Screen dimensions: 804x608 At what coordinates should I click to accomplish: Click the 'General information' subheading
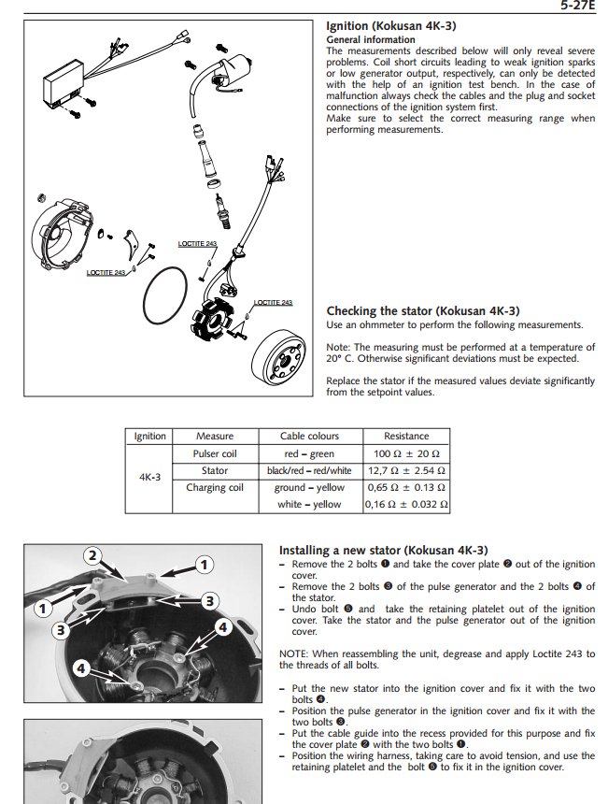(371, 40)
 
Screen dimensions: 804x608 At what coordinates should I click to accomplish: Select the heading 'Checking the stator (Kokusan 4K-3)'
(423, 310)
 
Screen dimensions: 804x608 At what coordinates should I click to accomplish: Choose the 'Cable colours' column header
(309, 436)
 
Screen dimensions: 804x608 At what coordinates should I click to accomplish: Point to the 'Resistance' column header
(406, 436)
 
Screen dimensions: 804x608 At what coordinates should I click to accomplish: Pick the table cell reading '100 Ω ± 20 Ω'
(406, 453)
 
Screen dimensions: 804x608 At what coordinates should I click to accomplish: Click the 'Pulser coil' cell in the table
(215, 453)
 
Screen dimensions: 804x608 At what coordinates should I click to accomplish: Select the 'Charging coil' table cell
(215, 487)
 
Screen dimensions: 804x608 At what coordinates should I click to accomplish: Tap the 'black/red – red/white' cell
(309, 470)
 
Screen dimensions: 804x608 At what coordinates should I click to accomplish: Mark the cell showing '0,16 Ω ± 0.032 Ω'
(406, 505)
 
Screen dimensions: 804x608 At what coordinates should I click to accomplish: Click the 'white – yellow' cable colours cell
(309, 505)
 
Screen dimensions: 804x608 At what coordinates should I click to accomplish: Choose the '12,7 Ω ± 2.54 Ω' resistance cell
(406, 470)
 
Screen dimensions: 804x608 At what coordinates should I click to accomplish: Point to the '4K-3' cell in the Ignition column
(149, 477)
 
